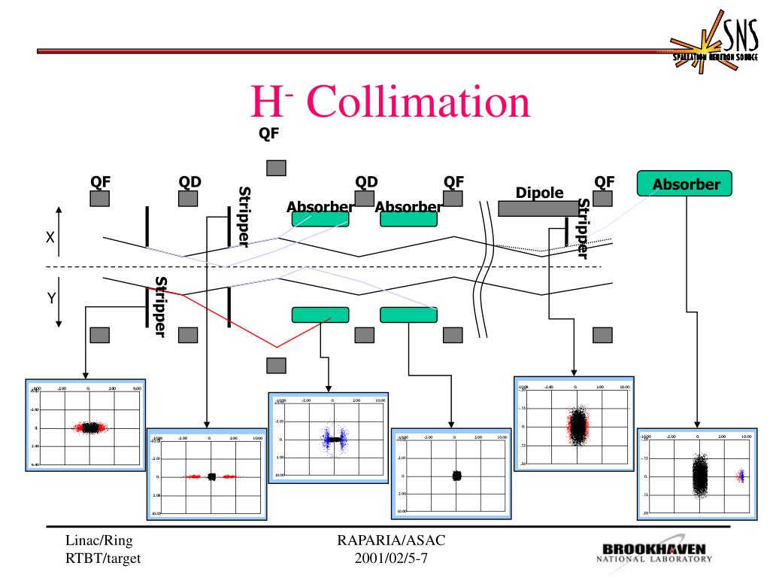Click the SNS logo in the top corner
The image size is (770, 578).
(715, 46)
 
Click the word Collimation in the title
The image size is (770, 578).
(418, 105)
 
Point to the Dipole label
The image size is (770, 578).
(539, 193)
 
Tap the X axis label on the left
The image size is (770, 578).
(50, 237)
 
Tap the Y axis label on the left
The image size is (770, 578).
(52, 298)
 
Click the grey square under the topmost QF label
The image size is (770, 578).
(277, 168)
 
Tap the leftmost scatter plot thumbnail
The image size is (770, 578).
(86, 424)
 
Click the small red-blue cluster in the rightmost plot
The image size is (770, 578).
(741, 476)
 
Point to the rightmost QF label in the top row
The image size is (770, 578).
(605, 181)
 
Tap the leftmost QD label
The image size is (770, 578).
(189, 181)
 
